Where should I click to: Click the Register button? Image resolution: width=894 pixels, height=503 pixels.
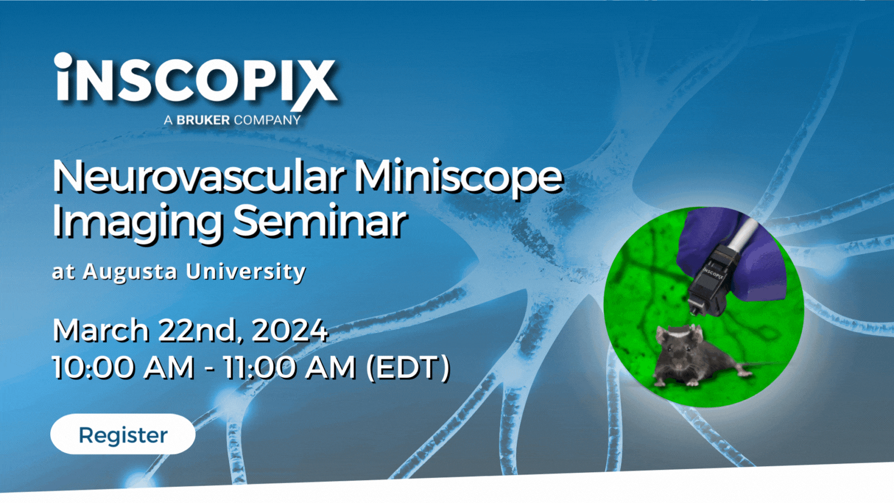click(x=123, y=434)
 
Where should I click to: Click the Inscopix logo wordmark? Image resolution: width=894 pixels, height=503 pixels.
click(x=196, y=80)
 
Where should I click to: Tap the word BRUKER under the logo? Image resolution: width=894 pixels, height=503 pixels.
click(x=203, y=120)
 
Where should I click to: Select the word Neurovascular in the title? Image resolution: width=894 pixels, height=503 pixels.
click(x=198, y=177)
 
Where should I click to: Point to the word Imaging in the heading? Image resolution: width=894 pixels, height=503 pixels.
click(x=137, y=222)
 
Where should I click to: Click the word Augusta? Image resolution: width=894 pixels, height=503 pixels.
click(x=130, y=272)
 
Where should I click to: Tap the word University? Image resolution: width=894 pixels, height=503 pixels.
click(x=246, y=272)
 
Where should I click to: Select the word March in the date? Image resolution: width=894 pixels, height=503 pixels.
click(x=101, y=330)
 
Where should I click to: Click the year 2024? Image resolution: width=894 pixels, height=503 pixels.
click(x=289, y=330)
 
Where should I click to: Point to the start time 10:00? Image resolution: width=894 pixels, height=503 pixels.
click(x=93, y=368)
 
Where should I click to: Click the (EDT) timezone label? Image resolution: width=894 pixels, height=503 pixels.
click(x=408, y=368)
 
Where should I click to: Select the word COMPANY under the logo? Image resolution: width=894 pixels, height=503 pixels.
click(x=267, y=120)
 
